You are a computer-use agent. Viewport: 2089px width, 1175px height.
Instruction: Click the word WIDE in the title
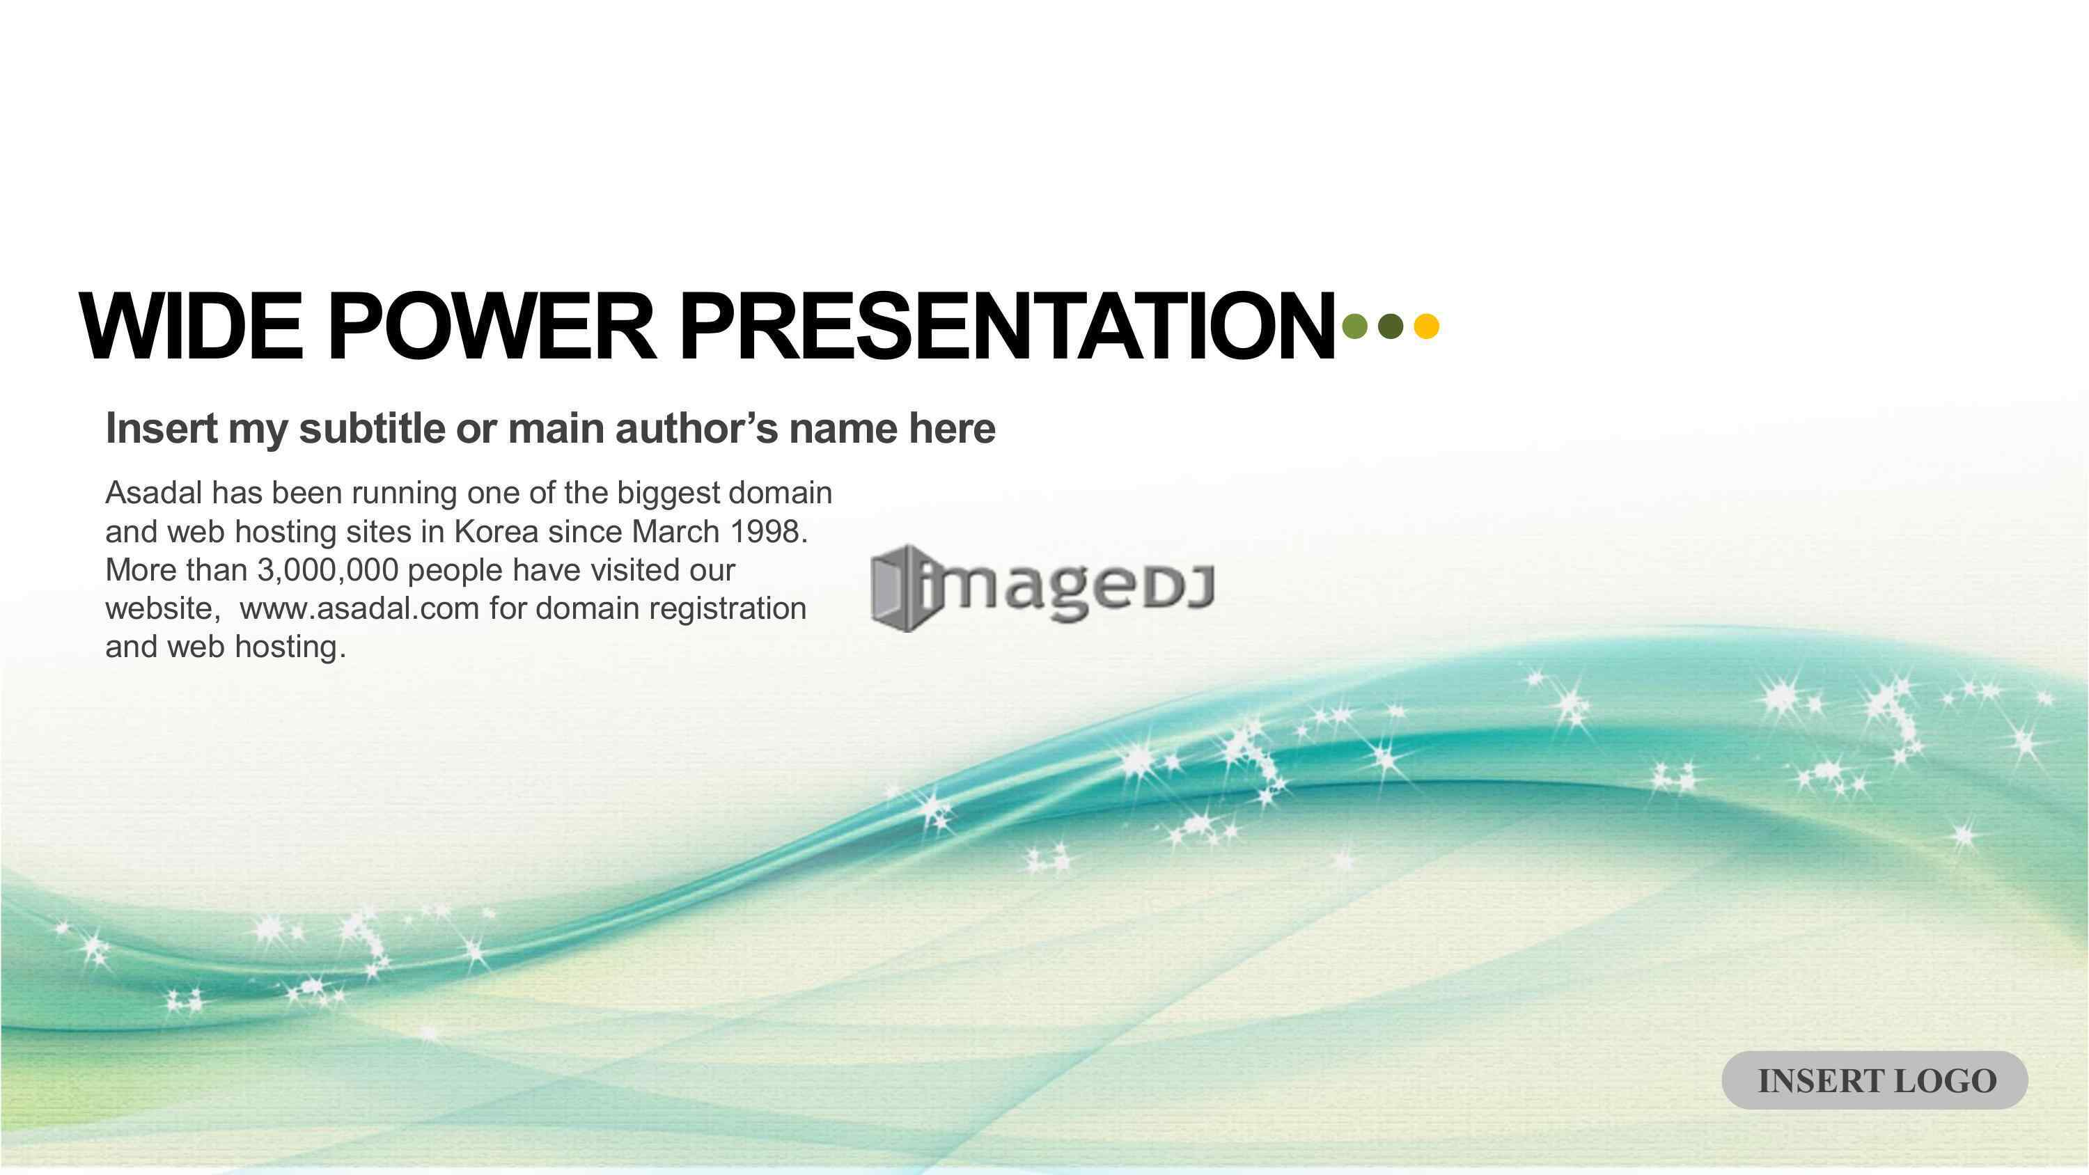(x=191, y=326)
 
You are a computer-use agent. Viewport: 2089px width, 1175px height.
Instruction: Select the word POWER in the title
(x=492, y=326)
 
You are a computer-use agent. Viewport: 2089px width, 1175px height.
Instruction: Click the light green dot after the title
(x=1355, y=326)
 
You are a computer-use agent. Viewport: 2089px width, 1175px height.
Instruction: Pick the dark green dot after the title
(x=1390, y=326)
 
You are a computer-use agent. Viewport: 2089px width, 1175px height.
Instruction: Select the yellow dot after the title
(x=1427, y=326)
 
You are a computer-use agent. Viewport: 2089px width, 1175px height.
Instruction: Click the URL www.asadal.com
(x=359, y=608)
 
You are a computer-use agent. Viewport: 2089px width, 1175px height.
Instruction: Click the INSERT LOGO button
(x=1876, y=1080)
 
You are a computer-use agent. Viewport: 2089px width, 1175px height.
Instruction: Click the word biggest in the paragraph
(x=668, y=493)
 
